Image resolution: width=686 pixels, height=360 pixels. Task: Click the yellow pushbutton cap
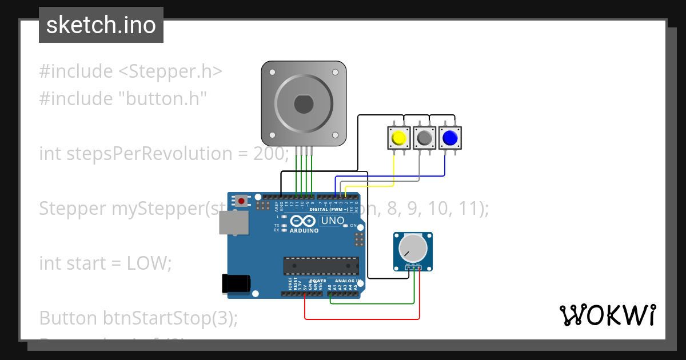pos(398,138)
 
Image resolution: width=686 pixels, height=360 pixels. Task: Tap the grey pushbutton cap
pos(424,138)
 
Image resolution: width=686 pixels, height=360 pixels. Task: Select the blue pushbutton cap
pos(450,138)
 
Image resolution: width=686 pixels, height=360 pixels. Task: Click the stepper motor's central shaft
pos(303,104)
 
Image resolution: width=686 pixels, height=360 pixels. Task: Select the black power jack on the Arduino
pos(236,283)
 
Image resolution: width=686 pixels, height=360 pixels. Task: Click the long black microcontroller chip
pos(321,266)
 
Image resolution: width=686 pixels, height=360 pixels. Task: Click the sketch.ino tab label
pos(101,25)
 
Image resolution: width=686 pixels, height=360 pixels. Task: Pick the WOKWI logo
pos(607,315)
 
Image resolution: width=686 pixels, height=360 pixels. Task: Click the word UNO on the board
pos(333,221)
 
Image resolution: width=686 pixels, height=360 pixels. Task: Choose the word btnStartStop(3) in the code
pos(170,318)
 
